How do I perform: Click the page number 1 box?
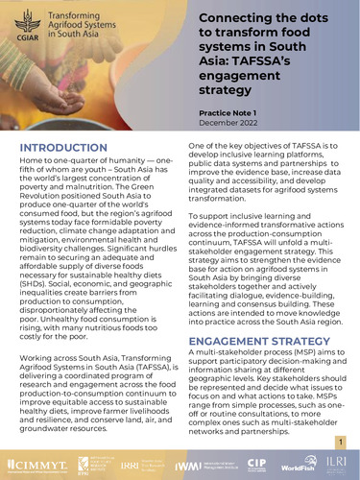coord(340,440)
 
